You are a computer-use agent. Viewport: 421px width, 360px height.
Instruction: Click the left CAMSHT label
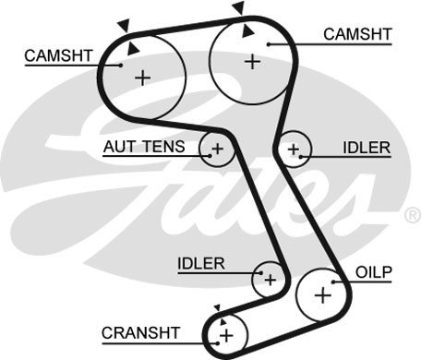58,55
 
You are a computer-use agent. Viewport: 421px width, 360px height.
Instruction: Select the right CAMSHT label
357,34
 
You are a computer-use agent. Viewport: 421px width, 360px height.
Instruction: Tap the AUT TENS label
144,147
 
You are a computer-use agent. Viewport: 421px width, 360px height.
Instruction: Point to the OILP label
374,272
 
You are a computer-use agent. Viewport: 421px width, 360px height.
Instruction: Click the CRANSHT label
140,332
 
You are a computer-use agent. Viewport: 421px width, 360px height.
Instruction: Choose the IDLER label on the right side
367,148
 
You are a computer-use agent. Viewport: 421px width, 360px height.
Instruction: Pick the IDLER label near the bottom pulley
201,264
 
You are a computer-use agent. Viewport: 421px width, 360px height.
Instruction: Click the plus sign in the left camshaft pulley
143,78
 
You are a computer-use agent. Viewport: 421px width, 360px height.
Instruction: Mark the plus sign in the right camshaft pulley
253,62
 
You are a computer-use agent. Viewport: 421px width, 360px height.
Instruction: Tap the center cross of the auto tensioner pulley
218,150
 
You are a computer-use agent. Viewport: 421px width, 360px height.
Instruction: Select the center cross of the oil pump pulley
323,295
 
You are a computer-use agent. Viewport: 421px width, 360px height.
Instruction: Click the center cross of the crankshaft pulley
227,335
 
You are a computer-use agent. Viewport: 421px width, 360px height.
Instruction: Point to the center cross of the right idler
294,150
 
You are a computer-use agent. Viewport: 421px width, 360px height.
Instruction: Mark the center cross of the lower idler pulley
271,280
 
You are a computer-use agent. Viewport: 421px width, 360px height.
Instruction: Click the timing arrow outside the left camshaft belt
125,25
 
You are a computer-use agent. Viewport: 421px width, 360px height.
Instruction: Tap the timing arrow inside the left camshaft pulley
133,49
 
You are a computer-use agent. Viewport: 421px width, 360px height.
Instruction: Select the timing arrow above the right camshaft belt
238,7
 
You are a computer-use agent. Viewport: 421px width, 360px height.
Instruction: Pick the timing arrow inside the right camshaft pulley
247,31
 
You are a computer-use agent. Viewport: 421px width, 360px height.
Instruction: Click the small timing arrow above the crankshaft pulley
218,307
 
